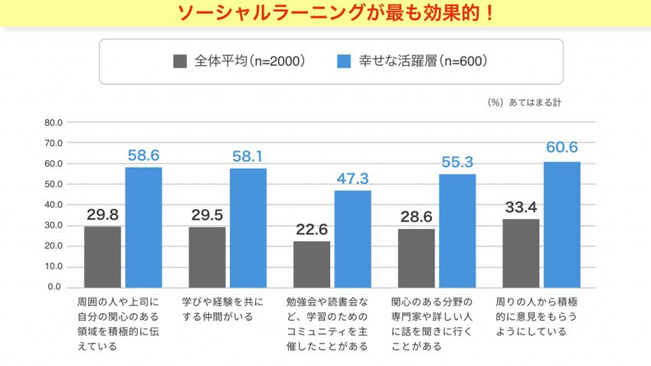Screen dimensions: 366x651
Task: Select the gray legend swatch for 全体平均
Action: pos(181,61)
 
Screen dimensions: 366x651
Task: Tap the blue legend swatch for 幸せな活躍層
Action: pos(344,61)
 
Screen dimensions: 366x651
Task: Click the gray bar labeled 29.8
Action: pos(103,257)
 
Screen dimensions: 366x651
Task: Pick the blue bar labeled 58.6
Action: pos(144,227)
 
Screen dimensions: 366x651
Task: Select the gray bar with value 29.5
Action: pos(207,257)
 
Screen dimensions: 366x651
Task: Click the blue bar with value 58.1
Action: pos(248,227)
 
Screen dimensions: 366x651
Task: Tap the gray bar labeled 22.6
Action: pos(312,264)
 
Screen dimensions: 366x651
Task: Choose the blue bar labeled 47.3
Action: pos(353,238)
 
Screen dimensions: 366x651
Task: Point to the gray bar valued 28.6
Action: pos(417,258)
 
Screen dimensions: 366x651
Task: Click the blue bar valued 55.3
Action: pos(458,230)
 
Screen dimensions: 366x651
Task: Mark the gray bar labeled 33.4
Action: pos(521,253)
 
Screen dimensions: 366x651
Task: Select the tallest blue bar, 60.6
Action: pos(562,224)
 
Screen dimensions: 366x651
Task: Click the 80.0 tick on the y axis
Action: pos(53,123)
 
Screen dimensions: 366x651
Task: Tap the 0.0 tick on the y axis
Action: pos(55,287)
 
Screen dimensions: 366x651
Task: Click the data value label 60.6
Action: pos(562,148)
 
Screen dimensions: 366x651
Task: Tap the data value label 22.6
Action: pos(312,228)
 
